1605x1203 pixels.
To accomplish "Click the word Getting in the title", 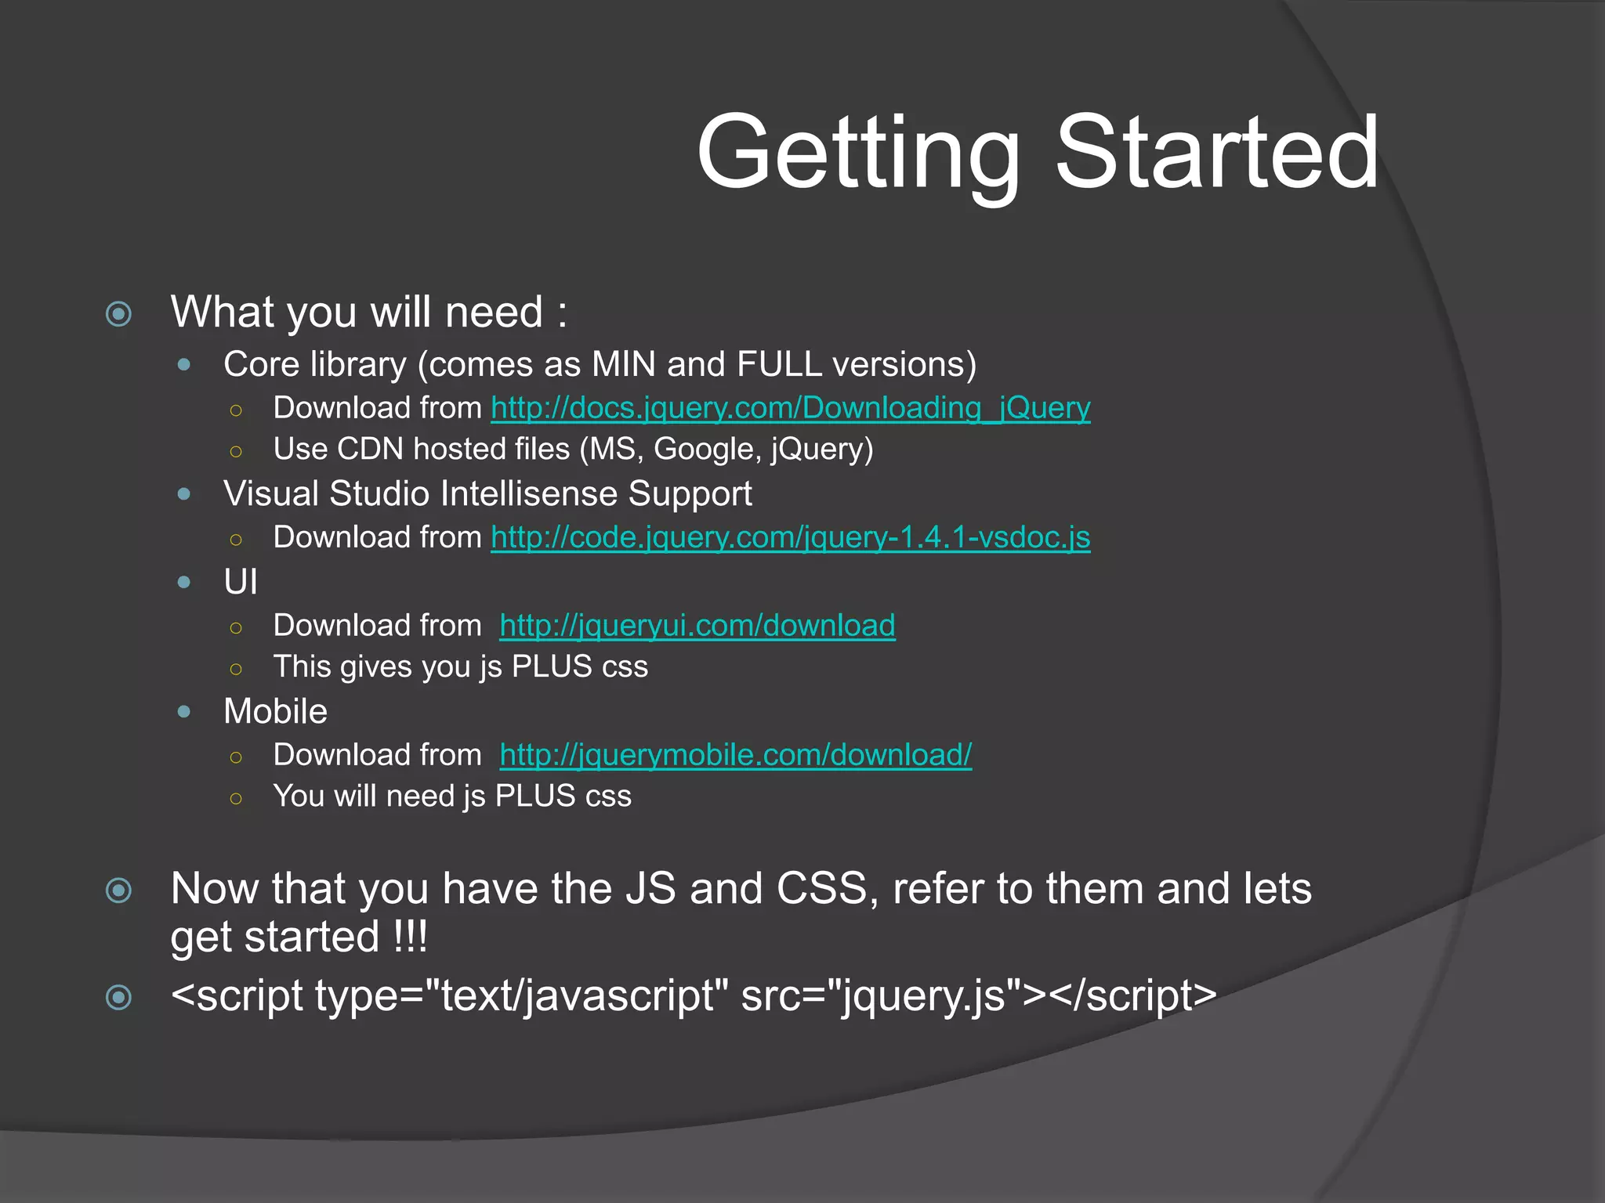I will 858,153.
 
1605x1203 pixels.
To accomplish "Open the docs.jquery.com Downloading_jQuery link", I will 790,408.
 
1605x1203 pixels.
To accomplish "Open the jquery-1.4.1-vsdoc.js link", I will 790,537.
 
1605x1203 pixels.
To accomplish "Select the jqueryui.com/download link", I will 697,626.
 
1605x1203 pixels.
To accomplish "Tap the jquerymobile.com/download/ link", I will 735,755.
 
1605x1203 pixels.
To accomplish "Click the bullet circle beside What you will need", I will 118,314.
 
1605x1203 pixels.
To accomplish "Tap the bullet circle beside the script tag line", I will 118,997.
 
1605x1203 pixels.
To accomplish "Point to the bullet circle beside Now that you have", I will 118,891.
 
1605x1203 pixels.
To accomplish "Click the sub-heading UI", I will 240,582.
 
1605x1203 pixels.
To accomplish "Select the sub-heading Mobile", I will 275,712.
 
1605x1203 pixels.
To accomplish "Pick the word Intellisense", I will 529,494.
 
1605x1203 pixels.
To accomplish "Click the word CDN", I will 370,450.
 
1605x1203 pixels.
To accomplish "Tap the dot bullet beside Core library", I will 184,364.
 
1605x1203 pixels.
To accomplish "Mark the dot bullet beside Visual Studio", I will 184,494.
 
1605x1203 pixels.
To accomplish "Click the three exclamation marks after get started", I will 411,937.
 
